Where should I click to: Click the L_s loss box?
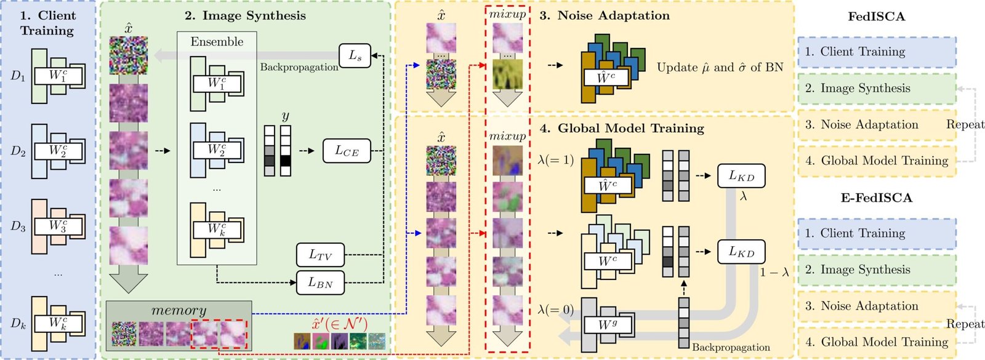click(355, 56)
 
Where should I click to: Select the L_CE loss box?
click(347, 151)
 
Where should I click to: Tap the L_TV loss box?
click(320, 255)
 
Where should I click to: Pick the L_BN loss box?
click(320, 282)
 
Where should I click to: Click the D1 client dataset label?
click(18, 76)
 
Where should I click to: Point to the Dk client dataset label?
click(18, 323)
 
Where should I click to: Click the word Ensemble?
click(217, 42)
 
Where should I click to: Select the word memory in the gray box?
click(179, 310)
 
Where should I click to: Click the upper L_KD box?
click(741, 176)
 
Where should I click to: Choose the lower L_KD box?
click(741, 252)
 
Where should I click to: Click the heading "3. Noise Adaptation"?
click(605, 16)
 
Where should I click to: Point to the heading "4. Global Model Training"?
click(622, 129)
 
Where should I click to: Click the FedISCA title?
click(876, 17)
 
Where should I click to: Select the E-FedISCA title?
click(876, 198)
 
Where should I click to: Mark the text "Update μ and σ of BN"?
click(720, 68)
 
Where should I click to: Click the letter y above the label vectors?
click(285, 116)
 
